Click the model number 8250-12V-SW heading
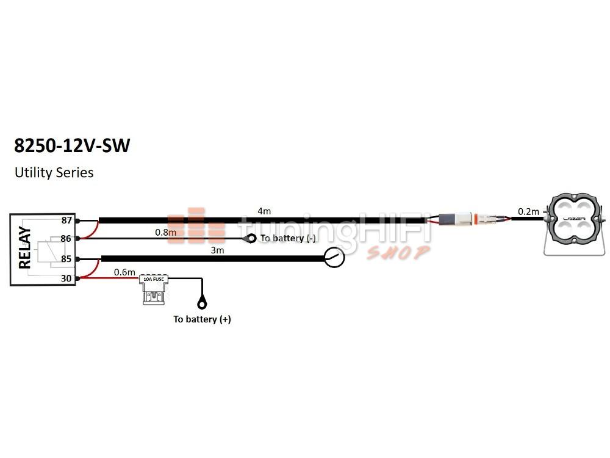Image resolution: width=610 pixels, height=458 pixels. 72,147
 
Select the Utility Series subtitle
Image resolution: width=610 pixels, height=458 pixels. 54,173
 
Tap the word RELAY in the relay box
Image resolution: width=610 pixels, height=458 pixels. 25,249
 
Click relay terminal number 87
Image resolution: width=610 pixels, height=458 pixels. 66,220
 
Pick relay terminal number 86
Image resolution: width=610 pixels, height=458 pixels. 66,239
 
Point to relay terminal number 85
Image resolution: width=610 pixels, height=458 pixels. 66,259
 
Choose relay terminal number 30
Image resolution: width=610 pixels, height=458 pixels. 66,278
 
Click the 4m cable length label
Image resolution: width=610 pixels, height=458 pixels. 264,211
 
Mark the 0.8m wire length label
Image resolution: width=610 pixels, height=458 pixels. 165,232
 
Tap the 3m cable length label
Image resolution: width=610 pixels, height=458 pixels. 217,250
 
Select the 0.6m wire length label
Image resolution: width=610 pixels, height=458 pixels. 124,272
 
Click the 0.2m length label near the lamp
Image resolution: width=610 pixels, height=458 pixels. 528,211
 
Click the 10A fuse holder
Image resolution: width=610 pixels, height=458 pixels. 153,289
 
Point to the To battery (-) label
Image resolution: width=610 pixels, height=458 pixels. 288,238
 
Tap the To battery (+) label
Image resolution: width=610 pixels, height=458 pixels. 202,319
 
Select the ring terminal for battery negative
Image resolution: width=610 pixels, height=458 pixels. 249,238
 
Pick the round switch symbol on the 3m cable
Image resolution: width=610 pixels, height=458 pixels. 334,258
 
